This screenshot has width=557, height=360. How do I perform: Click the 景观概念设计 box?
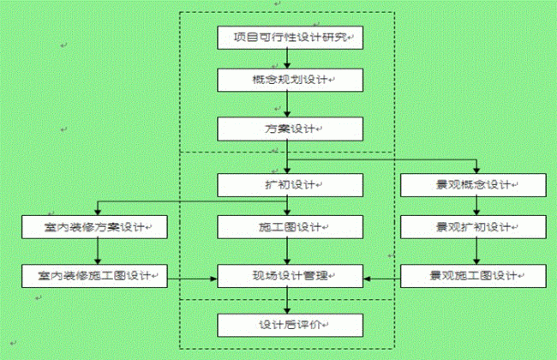coord(472,184)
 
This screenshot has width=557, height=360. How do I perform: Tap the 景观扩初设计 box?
coord(472,227)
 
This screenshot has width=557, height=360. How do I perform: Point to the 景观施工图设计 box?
coord(472,276)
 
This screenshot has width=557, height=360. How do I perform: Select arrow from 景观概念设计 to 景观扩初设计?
coord(472,206)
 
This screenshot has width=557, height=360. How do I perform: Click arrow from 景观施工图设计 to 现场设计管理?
coord(381,277)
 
